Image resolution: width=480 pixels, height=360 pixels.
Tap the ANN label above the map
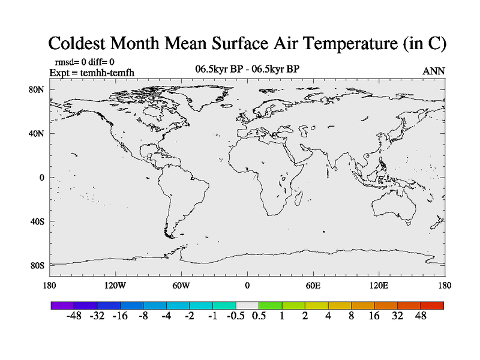[433, 71]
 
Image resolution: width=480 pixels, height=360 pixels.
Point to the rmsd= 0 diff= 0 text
[85, 62]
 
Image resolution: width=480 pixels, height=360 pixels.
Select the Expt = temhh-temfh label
[91, 72]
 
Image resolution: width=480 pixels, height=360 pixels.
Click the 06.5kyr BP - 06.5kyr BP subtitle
[247, 69]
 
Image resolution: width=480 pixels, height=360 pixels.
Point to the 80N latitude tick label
[38, 89]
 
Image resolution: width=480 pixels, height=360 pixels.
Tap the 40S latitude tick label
[38, 221]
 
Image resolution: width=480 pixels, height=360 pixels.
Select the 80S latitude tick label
[38, 265]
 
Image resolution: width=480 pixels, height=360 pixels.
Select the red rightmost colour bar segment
[432, 305]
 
